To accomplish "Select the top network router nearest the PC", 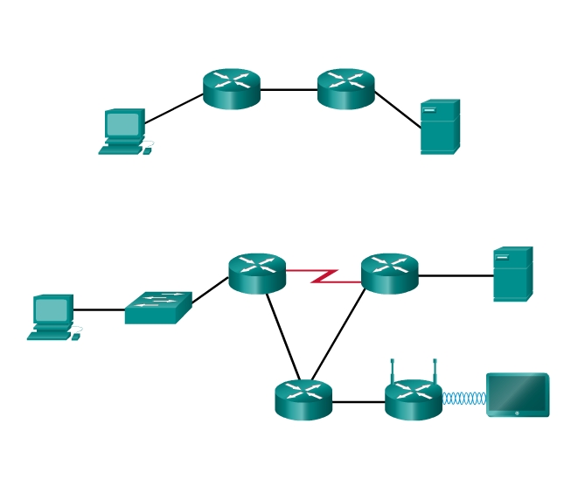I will pyautogui.click(x=232, y=88).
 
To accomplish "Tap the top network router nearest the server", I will pyautogui.click(x=345, y=88).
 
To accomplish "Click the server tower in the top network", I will pyautogui.click(x=439, y=128).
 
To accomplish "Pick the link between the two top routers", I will pyautogui.click(x=289, y=89).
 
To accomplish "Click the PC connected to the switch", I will pyautogui.click(x=52, y=316).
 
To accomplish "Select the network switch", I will pyautogui.click(x=157, y=308).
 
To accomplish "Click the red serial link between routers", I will pyautogui.click(x=324, y=276).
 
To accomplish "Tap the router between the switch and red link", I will pyautogui.click(x=257, y=274).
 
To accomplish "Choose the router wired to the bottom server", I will pyautogui.click(x=389, y=274).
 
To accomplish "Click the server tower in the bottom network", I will pyautogui.click(x=512, y=274).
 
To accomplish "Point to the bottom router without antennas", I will pyautogui.click(x=303, y=400).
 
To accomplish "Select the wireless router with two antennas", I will pyautogui.click(x=413, y=400).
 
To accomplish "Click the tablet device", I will pyautogui.click(x=518, y=395).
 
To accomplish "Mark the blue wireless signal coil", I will pyautogui.click(x=463, y=399).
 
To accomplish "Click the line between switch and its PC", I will pyautogui.click(x=99, y=309).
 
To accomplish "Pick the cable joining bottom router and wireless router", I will pyautogui.click(x=359, y=402).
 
